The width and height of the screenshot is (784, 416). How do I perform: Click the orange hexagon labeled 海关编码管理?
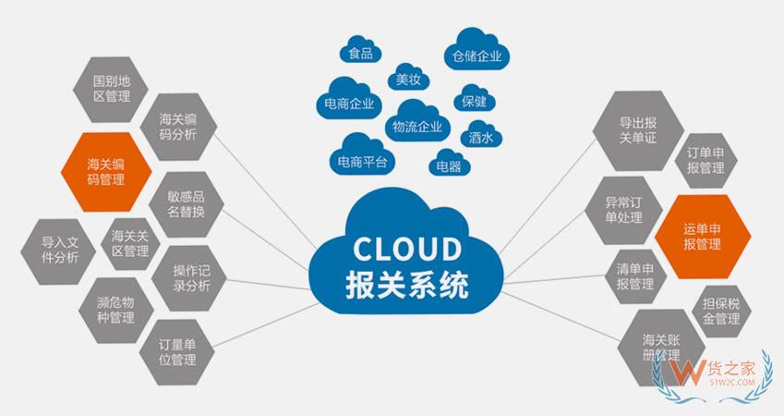105,172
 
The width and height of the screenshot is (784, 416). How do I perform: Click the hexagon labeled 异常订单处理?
622,207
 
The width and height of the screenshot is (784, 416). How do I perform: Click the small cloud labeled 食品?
360,53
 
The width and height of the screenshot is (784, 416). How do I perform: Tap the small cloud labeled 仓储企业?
477,55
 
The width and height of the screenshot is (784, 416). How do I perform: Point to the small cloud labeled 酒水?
480,137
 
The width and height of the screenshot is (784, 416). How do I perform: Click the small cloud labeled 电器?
448,165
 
